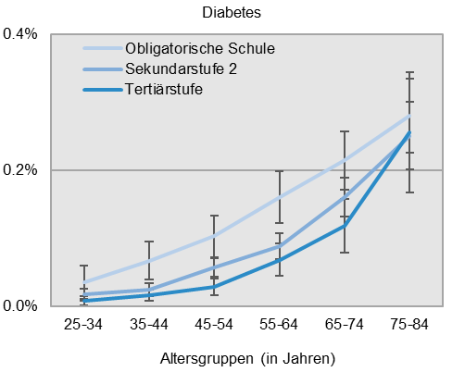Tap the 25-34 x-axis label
coord(83,325)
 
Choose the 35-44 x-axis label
coord(148,325)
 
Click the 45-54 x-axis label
coord(214,325)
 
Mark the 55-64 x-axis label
coord(279,325)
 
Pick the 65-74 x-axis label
coord(344,325)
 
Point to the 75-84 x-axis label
coord(409,325)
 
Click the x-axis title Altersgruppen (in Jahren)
coord(245,356)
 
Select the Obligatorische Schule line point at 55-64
coord(279,197)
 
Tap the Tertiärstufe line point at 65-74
coord(344,225)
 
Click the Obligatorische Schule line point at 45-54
coord(214,236)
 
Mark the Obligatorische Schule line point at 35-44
coord(148,260)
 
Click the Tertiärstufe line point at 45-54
coord(214,286)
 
